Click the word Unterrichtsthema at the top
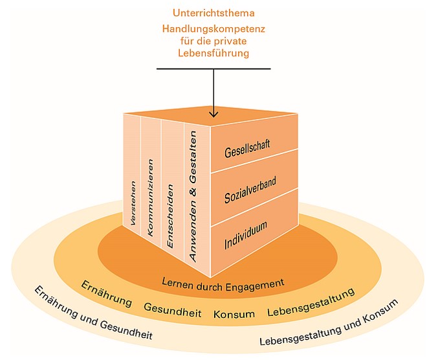pyautogui.click(x=213, y=13)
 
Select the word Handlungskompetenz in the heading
pyautogui.click(x=213, y=29)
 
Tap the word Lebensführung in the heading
pyautogui.click(x=213, y=53)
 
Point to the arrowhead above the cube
pyautogui.click(x=213, y=114)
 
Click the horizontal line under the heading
pyautogui.click(x=213, y=69)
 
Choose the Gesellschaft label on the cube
pyautogui.click(x=247, y=149)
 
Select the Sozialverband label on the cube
pyautogui.click(x=250, y=190)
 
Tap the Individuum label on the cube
pyautogui.click(x=246, y=235)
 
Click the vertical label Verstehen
pyautogui.click(x=133, y=203)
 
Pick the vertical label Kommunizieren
pyautogui.click(x=151, y=197)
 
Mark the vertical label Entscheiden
pyautogui.click(x=170, y=216)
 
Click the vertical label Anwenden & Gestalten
pyautogui.click(x=193, y=196)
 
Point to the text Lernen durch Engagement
pyautogui.click(x=223, y=285)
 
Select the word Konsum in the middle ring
pyautogui.click(x=234, y=314)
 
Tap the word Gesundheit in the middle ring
pyautogui.click(x=173, y=310)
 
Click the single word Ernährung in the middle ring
pyautogui.click(x=107, y=293)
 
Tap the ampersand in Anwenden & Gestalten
pyautogui.click(x=193, y=192)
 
